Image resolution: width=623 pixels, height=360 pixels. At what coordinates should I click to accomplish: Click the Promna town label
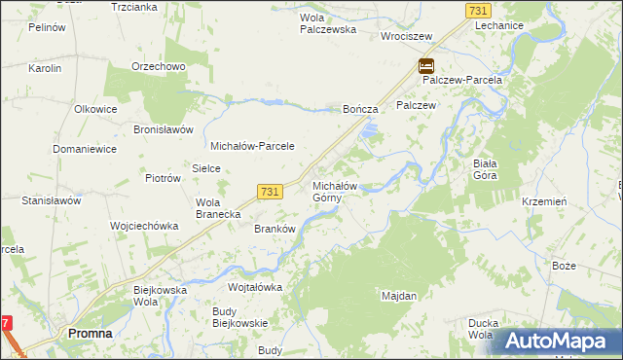(x=90, y=333)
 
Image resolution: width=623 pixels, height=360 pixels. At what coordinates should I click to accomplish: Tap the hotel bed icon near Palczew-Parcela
(x=426, y=66)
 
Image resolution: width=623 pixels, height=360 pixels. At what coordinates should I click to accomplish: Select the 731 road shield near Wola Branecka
(x=271, y=193)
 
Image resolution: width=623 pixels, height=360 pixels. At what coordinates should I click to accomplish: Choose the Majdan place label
(x=399, y=295)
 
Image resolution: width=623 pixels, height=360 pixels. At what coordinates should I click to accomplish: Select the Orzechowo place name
(x=159, y=67)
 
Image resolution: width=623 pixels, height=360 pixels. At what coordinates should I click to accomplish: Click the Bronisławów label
(x=164, y=129)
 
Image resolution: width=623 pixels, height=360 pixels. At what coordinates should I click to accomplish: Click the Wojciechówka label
(x=144, y=226)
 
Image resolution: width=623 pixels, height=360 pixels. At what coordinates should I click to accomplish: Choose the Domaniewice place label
(x=85, y=149)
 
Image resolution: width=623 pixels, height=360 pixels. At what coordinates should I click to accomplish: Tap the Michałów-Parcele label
(x=252, y=146)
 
